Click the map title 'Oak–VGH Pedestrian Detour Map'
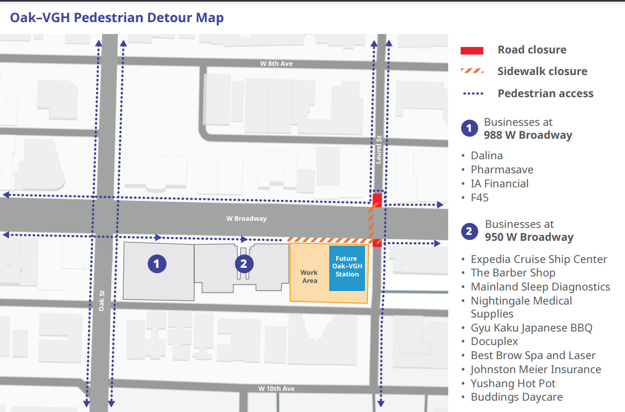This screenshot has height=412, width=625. (x=117, y=18)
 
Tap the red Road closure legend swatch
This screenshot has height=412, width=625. (x=471, y=50)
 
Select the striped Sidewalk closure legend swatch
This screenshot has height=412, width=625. (x=471, y=71)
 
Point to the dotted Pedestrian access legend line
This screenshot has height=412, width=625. (x=473, y=93)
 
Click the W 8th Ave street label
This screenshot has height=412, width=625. (x=276, y=64)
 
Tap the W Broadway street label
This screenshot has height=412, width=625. (x=246, y=219)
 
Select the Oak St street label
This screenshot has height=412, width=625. (x=101, y=301)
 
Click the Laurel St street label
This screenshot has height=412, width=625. (x=379, y=149)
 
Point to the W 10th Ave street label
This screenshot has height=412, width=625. (x=276, y=389)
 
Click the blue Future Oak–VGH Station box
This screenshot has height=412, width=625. (x=347, y=267)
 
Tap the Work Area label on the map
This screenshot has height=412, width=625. (x=309, y=276)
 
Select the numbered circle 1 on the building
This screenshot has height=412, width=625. (x=157, y=264)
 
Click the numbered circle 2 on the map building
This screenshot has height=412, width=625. (x=244, y=264)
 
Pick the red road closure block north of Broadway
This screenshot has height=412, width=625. (x=377, y=200)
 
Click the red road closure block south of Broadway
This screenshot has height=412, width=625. (x=377, y=244)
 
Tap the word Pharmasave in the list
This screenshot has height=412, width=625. (x=502, y=170)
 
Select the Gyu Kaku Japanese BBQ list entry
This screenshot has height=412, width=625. (x=531, y=328)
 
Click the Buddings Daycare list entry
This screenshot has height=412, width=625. (x=516, y=397)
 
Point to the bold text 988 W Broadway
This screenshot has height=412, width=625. (x=528, y=135)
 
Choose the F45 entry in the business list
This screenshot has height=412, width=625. (x=480, y=198)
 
